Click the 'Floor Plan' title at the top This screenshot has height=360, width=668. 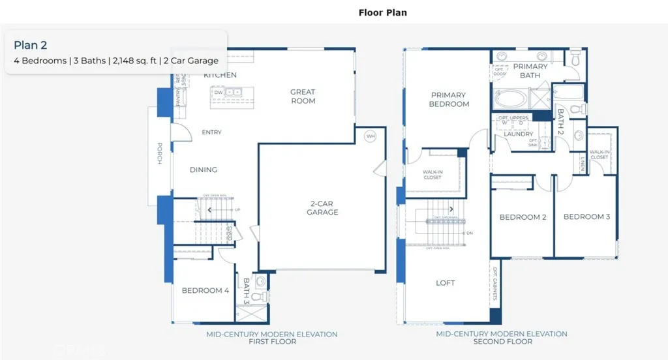click(x=383, y=12)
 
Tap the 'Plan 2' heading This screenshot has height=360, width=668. click(x=30, y=45)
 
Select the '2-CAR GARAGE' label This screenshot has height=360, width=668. click(x=323, y=207)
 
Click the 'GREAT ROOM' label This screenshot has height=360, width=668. click(x=303, y=97)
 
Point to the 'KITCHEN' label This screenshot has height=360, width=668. click(x=220, y=75)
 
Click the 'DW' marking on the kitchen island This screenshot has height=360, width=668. click(x=218, y=93)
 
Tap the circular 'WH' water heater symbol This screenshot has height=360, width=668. click(x=371, y=136)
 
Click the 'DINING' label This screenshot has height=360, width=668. click(x=204, y=170)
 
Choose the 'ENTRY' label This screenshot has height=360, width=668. click(x=211, y=132)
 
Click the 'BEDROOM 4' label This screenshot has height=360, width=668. click(x=205, y=291)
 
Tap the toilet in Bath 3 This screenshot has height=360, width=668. click(x=260, y=296)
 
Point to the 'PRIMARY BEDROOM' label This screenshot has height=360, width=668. click(x=449, y=100)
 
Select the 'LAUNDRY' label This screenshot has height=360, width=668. click(x=518, y=134)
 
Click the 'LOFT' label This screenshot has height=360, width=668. click(x=446, y=283)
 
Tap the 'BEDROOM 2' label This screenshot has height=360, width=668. click(x=523, y=217)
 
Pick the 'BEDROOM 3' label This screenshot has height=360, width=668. click(x=586, y=217)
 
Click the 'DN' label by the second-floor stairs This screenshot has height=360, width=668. click(x=469, y=233)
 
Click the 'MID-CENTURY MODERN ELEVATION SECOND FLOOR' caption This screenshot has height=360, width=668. click(x=501, y=338)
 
